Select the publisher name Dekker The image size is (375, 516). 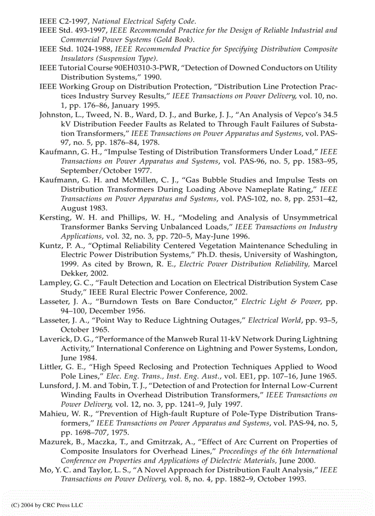[x=74, y=273]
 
